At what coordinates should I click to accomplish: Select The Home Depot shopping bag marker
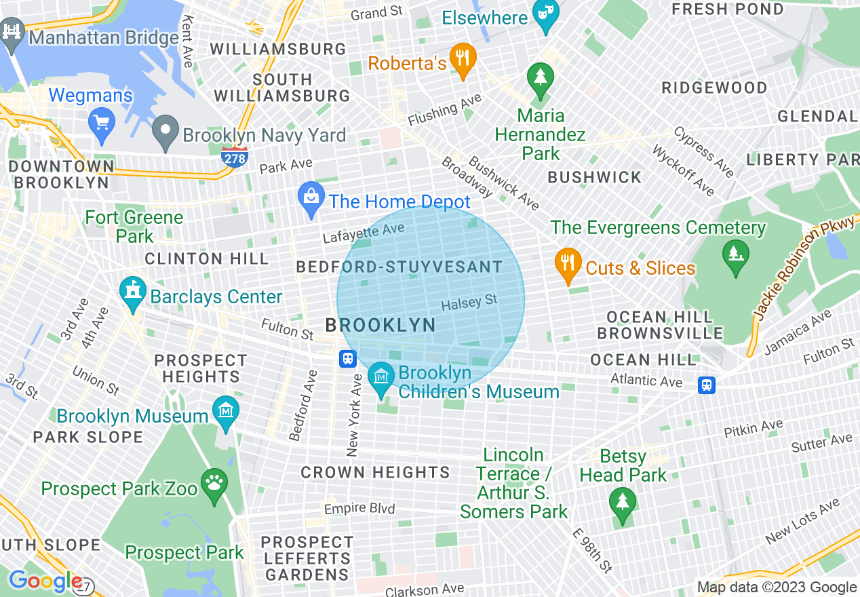[x=311, y=199]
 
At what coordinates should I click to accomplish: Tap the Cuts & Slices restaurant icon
[x=568, y=265]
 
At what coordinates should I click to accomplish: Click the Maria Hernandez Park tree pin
[x=540, y=79]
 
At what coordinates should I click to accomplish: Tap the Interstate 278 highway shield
[x=234, y=157]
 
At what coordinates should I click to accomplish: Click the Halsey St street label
[x=469, y=303]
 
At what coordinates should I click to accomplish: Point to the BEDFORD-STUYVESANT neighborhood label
[x=399, y=267]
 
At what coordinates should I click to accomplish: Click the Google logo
[x=45, y=581]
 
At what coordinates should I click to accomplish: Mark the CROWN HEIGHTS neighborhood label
[x=375, y=472]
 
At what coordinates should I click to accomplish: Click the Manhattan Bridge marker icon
[x=12, y=35]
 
